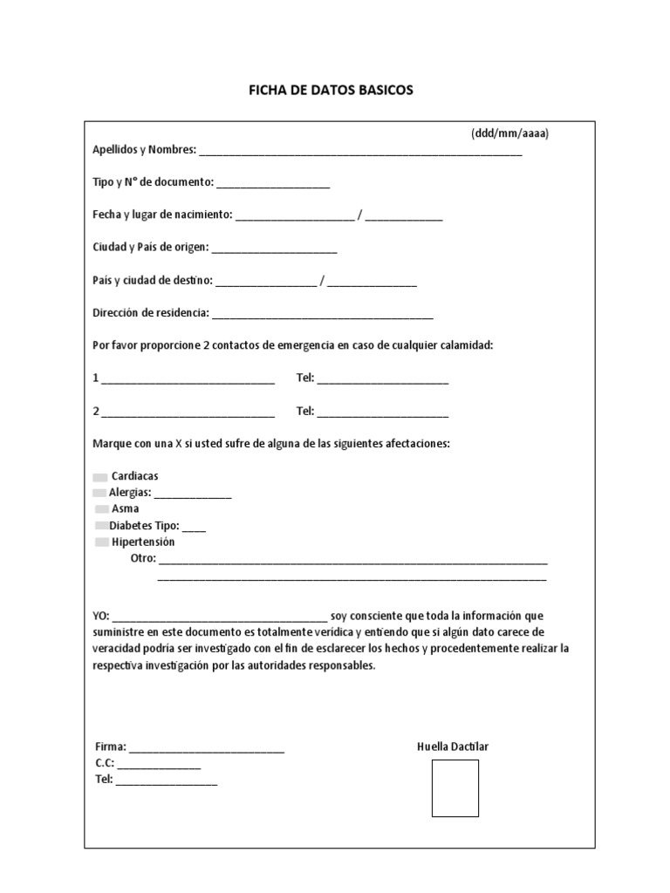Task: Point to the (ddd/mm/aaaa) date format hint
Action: click(510, 133)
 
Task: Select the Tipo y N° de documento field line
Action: click(273, 185)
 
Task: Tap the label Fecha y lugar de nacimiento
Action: click(162, 215)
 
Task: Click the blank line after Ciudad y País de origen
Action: click(274, 250)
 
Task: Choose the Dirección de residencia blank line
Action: click(322, 316)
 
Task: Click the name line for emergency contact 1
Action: click(188, 382)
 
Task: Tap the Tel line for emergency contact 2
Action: click(383, 414)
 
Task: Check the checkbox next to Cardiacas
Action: click(100, 477)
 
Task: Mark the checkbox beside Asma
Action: click(102, 508)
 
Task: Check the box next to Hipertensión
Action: click(102, 542)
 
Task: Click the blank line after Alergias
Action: click(193, 495)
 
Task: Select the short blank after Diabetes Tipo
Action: click(195, 528)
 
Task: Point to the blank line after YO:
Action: click(220, 616)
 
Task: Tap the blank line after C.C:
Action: click(159, 767)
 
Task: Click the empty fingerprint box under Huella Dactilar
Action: click(455, 787)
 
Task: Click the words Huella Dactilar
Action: click(454, 747)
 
